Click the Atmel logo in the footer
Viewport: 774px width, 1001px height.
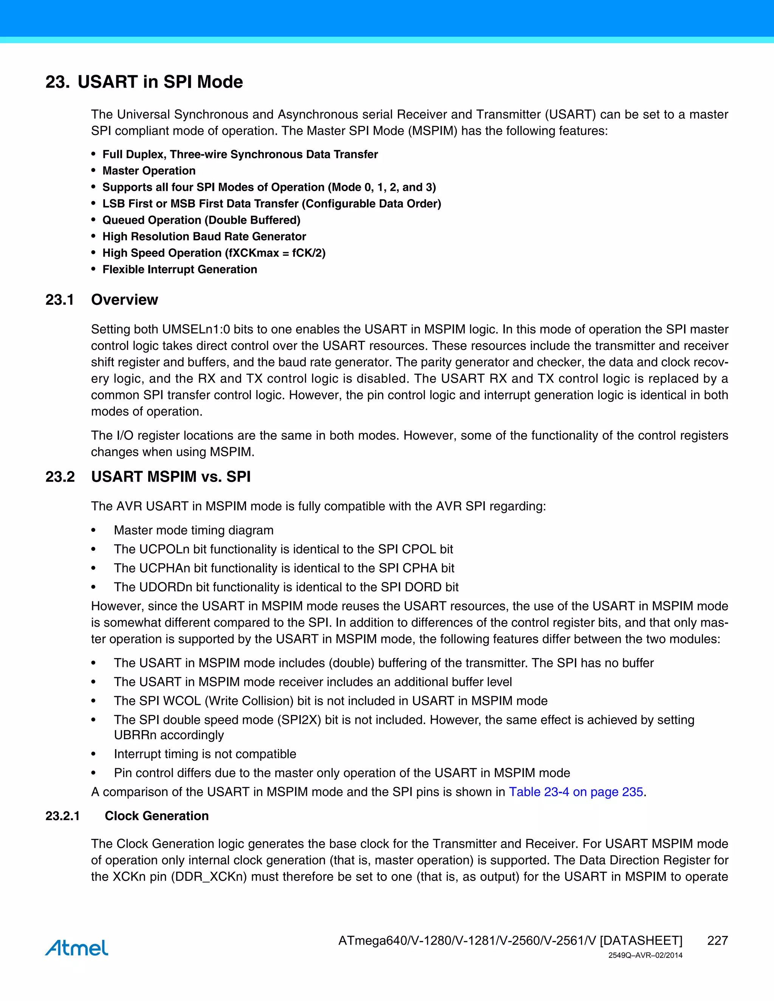point(77,947)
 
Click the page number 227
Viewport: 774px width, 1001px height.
point(717,941)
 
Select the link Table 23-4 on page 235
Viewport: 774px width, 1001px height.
point(576,792)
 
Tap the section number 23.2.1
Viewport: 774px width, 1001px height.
point(62,816)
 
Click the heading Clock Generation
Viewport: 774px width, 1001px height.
point(156,816)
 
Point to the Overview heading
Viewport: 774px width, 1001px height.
point(124,300)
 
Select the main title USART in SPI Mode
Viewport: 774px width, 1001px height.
point(160,82)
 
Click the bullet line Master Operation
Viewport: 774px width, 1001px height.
point(149,171)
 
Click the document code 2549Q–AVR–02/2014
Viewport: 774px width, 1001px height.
point(645,956)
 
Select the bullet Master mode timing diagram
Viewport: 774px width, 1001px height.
point(193,530)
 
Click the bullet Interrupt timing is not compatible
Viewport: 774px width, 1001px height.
point(205,754)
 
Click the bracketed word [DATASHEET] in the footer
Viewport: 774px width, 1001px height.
point(641,941)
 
